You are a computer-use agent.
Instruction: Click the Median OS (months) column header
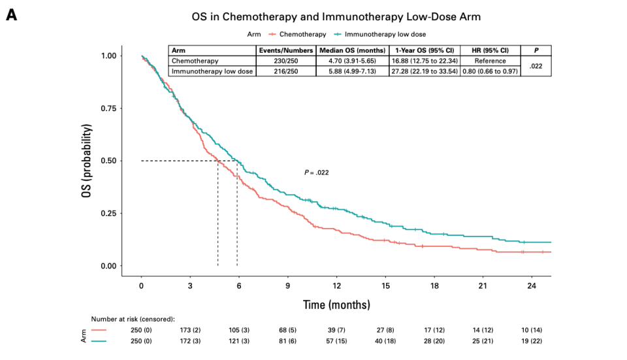click(353, 50)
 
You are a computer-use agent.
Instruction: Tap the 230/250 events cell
click(285, 61)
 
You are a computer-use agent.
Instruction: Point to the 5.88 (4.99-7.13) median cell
click(353, 71)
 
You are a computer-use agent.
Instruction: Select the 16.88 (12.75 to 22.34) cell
click(425, 61)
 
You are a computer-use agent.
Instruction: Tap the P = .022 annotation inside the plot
click(316, 172)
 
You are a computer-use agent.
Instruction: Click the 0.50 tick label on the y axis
click(108, 161)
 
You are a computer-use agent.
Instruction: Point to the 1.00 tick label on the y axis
click(108, 56)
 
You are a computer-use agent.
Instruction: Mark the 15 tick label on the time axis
click(385, 286)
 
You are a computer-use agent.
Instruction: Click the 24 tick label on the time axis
click(532, 286)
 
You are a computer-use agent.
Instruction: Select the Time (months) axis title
click(336, 305)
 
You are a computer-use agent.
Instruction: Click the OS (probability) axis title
click(87, 161)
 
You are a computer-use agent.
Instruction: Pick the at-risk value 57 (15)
click(336, 341)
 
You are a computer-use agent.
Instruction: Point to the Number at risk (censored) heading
click(133, 319)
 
